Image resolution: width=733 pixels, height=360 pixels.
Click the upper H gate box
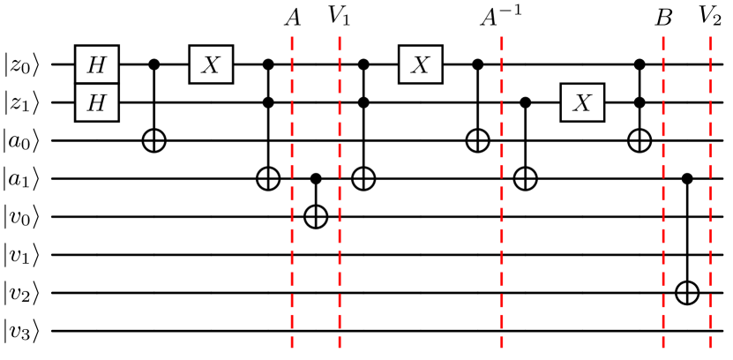[96, 64]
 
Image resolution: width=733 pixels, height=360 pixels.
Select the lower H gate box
[96, 103]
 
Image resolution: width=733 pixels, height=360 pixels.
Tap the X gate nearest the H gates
[211, 64]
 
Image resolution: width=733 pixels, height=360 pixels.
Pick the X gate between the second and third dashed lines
[420, 64]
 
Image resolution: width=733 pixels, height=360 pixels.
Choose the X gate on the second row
[582, 103]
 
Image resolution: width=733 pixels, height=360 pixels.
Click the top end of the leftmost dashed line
[292, 37]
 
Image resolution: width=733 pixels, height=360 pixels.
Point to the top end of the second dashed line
[340, 37]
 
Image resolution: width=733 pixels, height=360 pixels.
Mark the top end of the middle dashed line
[502, 37]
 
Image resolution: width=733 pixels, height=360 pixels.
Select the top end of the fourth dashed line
[663, 37]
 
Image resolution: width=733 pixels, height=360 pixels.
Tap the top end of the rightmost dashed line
[710, 37]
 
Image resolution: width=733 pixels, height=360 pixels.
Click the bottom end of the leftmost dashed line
[292, 348]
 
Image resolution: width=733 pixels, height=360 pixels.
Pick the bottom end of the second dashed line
[340, 348]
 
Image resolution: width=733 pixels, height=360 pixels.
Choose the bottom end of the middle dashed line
[502, 348]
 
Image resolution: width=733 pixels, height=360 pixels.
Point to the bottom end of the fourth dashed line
[663, 348]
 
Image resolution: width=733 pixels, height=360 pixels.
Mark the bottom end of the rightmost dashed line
[710, 348]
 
